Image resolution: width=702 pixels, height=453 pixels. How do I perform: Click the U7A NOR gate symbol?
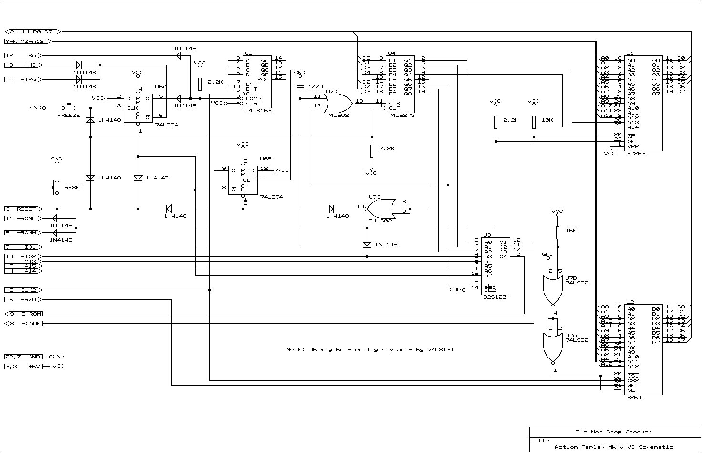pyautogui.click(x=553, y=347)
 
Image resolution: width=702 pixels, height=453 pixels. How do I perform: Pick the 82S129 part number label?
pyautogui.click(x=494, y=297)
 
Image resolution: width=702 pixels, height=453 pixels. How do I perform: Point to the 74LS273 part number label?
pyautogui.click(x=401, y=116)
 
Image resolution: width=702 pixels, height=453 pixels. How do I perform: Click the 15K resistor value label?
pyautogui.click(x=571, y=231)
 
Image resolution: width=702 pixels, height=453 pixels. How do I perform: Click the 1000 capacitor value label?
pyautogui.click(x=316, y=87)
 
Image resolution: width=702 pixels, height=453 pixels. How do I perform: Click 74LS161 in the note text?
pyautogui.click(x=441, y=349)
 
